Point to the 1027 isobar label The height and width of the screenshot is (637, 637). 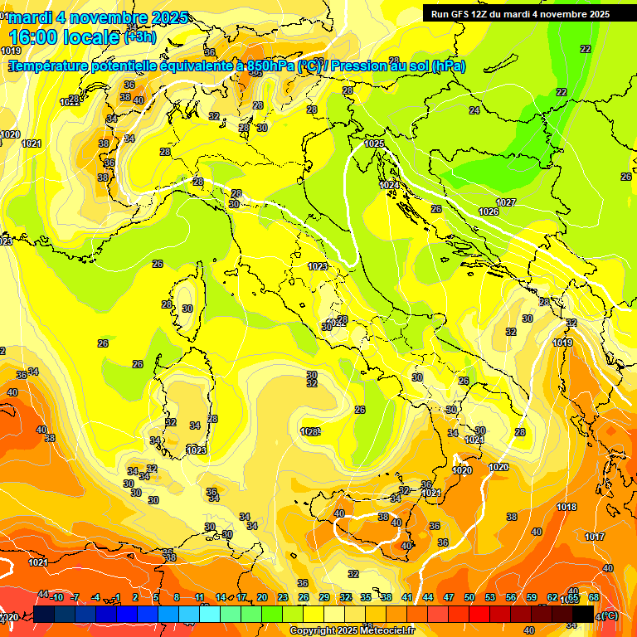coord(506,202)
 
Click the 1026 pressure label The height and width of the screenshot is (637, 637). coord(489,212)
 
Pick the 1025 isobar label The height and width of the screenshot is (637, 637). coord(374,143)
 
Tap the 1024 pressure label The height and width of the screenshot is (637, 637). coord(389,184)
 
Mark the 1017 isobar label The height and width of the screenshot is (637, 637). coord(594,537)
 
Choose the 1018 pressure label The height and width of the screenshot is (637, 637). coord(566,507)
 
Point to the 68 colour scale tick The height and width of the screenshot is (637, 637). coord(594,597)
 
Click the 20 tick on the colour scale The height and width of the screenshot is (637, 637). coord(261,597)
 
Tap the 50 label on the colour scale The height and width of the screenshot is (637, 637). coord(469,597)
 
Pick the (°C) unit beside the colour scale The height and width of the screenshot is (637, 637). coord(610,615)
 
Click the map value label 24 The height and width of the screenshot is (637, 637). coord(474,110)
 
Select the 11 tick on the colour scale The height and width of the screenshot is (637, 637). coord(199,597)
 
